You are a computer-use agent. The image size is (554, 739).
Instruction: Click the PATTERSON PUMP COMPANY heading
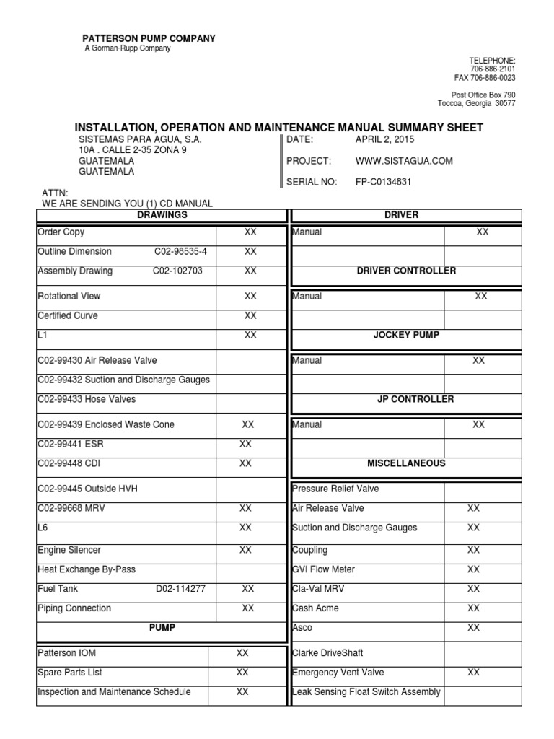coord(148,38)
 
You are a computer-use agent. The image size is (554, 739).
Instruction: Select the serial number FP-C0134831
coord(384,182)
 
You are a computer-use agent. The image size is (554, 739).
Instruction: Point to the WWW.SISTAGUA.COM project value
coord(405,161)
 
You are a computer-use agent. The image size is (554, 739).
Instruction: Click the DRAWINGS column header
coord(162,215)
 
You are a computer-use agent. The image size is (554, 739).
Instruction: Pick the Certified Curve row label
coord(68,316)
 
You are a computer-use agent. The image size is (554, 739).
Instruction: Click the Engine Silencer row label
coord(69,550)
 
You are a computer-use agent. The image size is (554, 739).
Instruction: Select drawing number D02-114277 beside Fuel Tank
coord(181,589)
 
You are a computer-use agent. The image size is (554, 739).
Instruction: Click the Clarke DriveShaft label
coord(327,653)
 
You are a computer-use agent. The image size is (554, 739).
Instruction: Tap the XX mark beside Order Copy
coord(250,232)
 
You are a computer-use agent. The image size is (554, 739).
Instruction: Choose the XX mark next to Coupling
coord(473,550)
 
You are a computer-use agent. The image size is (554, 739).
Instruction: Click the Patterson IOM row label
coord(66,653)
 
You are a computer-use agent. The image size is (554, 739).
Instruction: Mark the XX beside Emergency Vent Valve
coord(473,673)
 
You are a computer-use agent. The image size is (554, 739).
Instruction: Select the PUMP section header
coord(162,628)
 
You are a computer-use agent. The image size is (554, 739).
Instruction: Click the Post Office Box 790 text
coord(483,95)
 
